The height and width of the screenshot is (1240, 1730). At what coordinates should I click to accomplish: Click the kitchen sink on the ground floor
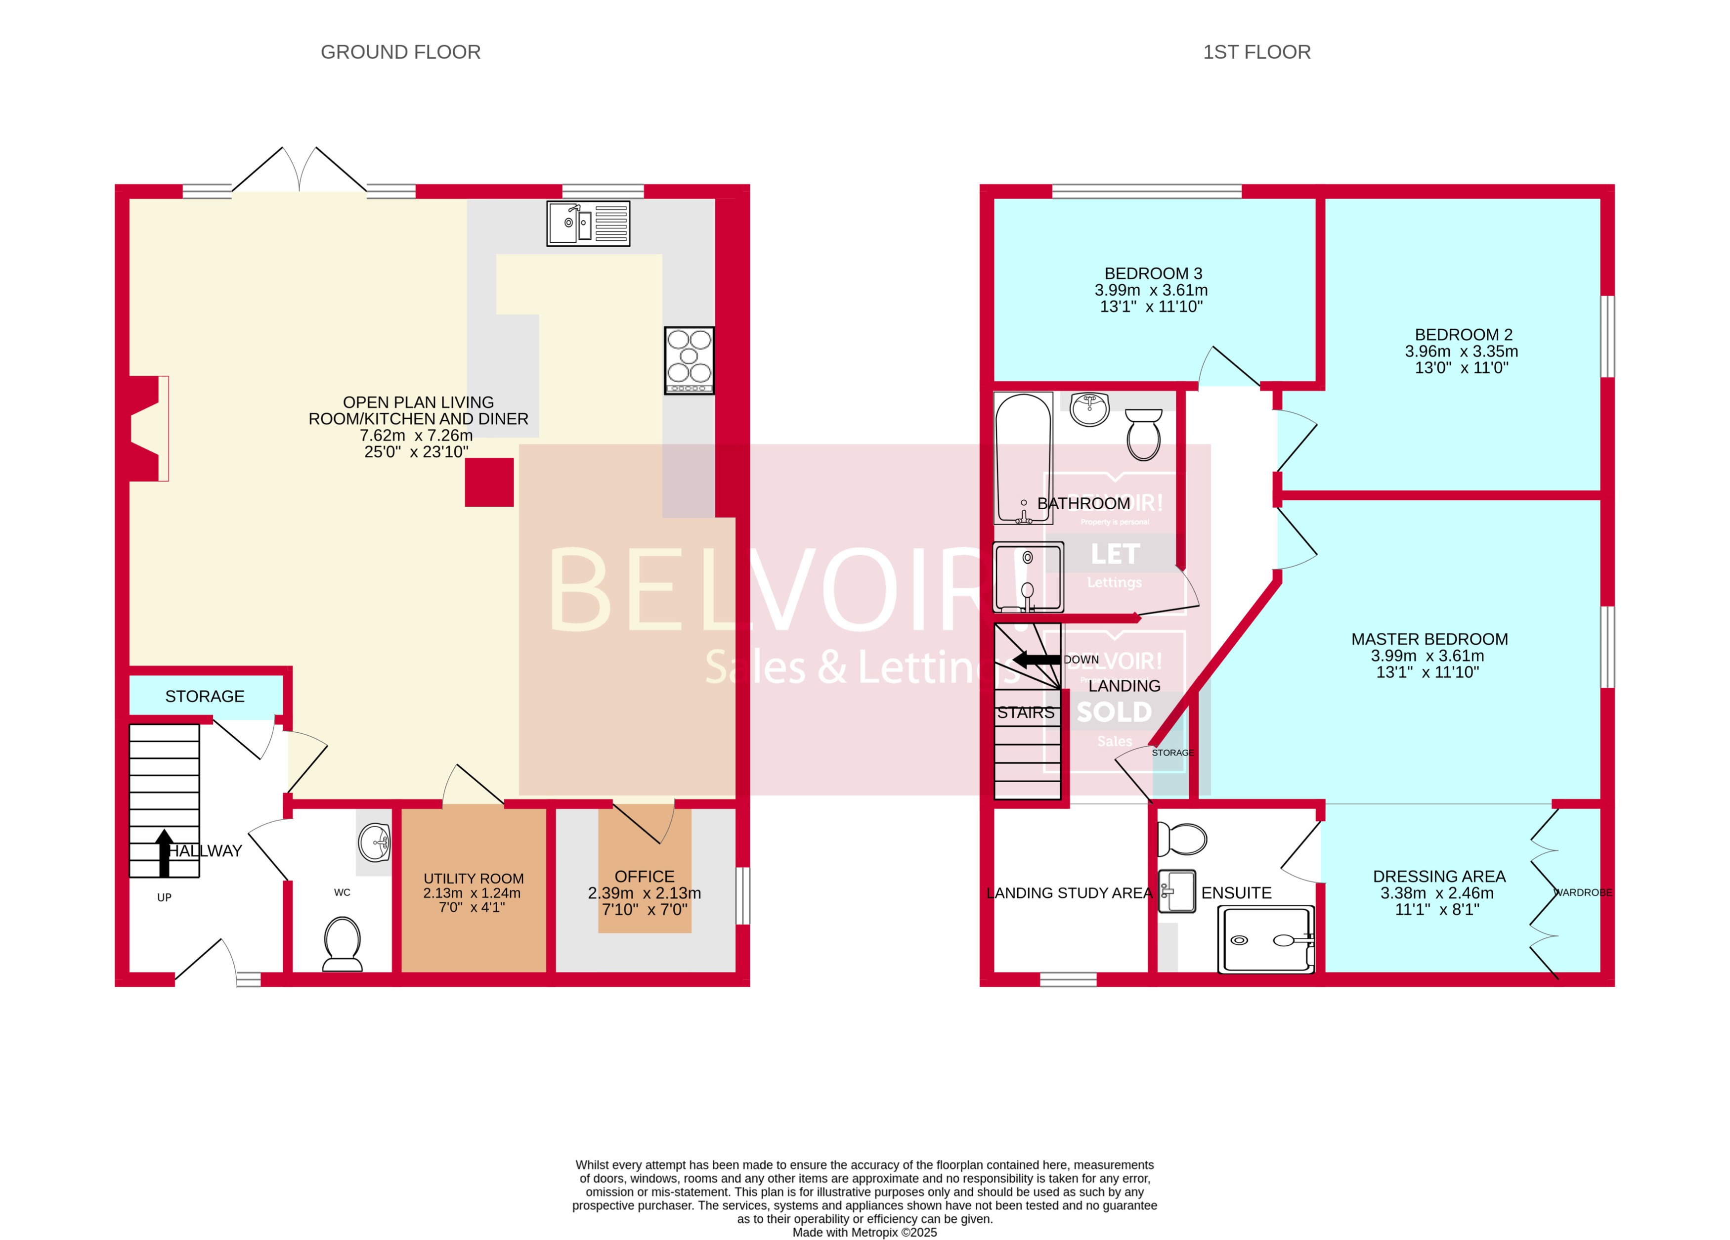588,223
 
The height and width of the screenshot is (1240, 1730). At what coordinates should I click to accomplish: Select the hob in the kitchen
689,360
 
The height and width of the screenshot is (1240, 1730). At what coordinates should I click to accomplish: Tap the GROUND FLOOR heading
400,52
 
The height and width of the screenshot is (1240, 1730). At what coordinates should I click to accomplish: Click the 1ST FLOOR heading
1256,52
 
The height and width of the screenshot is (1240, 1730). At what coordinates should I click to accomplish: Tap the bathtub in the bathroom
1023,458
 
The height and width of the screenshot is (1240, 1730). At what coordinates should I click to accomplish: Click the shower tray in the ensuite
1265,939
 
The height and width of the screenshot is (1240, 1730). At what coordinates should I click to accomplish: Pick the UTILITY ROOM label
473,878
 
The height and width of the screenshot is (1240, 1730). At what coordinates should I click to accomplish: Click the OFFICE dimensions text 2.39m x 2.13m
644,893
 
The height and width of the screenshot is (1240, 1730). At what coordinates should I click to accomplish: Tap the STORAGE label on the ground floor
205,696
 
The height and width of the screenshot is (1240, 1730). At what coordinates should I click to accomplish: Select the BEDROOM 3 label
1153,273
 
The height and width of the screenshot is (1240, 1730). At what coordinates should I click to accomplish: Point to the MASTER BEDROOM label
1428,639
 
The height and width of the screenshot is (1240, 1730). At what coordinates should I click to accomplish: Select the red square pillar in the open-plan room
489,482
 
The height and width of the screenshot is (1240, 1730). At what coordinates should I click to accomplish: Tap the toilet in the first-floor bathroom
1143,434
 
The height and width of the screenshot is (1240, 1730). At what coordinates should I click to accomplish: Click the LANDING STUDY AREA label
1069,893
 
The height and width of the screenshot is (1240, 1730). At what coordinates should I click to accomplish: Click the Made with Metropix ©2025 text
864,1233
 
